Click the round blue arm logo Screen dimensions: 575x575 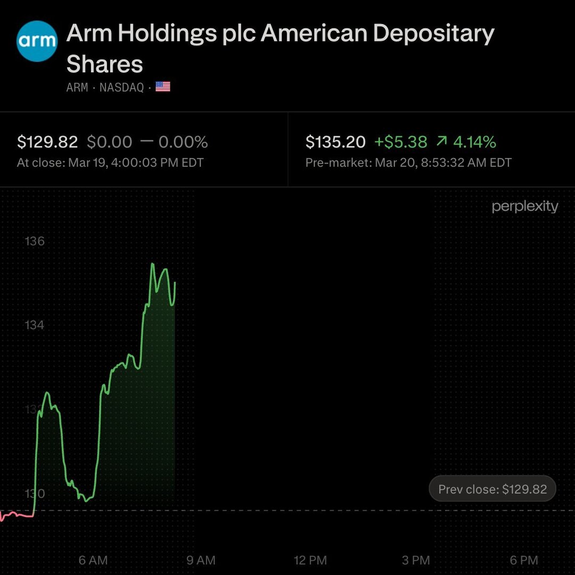click(x=37, y=41)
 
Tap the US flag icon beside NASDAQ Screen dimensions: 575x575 click(x=163, y=87)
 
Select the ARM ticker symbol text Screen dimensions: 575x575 click(x=77, y=87)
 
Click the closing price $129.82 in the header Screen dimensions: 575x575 click(x=47, y=142)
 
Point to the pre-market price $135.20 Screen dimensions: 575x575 click(x=335, y=142)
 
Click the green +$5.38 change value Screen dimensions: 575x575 click(x=400, y=142)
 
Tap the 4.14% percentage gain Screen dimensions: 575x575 click(x=474, y=142)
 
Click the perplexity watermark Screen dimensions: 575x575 click(x=525, y=207)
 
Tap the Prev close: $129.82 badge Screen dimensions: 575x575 click(x=492, y=489)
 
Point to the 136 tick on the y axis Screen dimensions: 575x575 click(x=35, y=241)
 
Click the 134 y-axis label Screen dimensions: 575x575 click(x=35, y=325)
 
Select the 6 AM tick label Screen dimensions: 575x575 click(x=93, y=560)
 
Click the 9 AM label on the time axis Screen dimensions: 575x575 click(x=201, y=560)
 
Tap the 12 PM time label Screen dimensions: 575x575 click(x=310, y=560)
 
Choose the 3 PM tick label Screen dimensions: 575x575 click(x=416, y=560)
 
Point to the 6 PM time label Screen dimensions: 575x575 click(x=524, y=560)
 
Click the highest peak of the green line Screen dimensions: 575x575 click(x=152, y=264)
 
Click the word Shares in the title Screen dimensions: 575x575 click(x=105, y=64)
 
